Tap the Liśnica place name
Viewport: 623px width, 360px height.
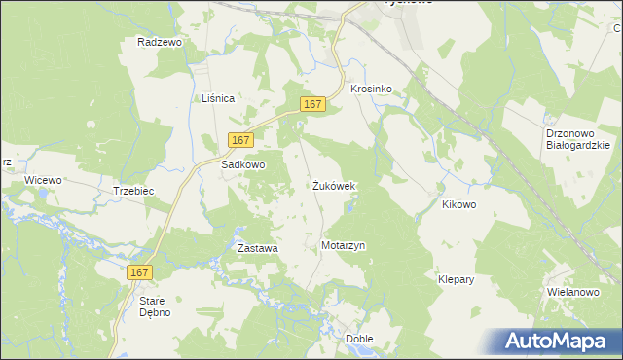(x=219, y=99)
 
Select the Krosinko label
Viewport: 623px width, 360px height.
(x=371, y=89)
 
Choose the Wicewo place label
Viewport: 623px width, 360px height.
(x=43, y=181)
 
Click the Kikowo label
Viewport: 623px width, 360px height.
(x=458, y=205)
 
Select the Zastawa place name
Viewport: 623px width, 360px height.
(x=258, y=248)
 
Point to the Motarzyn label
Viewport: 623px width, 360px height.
(x=343, y=246)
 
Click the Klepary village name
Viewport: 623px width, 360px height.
(x=456, y=279)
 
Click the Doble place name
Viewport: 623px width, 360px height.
(x=359, y=339)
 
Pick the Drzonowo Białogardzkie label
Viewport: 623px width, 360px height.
(x=577, y=138)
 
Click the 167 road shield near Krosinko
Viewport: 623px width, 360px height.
(x=311, y=105)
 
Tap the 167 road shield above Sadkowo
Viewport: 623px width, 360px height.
(x=241, y=140)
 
